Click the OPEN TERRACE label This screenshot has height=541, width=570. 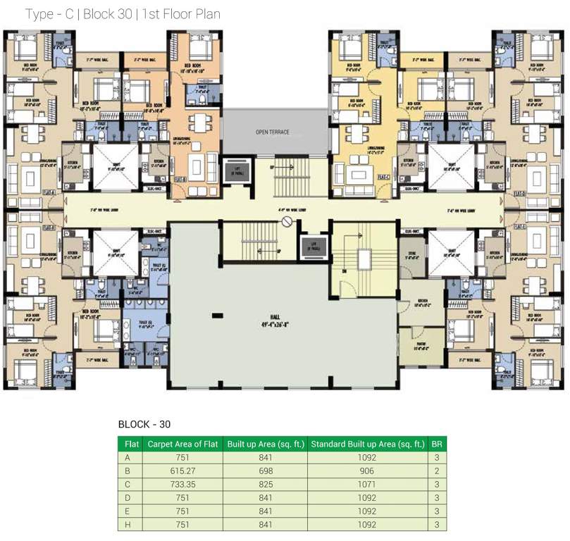[273, 132]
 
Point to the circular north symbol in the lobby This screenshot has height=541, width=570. [287, 222]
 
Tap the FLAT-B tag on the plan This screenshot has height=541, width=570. [179, 179]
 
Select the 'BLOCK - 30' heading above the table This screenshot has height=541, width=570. [144, 424]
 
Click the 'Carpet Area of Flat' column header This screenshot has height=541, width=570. [182, 444]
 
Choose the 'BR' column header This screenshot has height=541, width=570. [437, 444]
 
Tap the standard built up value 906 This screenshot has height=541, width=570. [367, 470]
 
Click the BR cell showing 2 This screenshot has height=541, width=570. [437, 470]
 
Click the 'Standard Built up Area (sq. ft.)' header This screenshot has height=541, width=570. [367, 444]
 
